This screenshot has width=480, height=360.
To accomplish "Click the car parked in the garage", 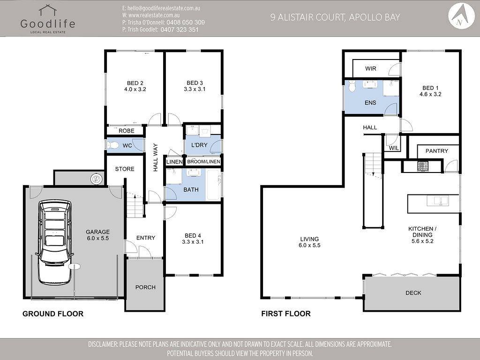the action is (x=54, y=242).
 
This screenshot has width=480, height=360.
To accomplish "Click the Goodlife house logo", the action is (x=48, y=10).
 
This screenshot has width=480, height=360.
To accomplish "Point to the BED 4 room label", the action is (x=193, y=236).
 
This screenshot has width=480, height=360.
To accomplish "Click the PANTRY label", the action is (x=436, y=151).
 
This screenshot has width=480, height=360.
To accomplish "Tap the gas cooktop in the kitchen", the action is (x=423, y=166).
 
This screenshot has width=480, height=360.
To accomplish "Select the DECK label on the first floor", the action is (x=413, y=293).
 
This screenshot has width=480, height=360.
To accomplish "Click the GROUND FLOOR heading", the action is (x=53, y=314).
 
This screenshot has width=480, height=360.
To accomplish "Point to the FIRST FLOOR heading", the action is (x=286, y=314).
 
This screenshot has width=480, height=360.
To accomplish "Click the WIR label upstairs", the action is (x=370, y=68).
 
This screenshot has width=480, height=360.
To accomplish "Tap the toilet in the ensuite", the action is (x=352, y=86).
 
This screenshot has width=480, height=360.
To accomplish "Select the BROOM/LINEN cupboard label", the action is (x=203, y=162).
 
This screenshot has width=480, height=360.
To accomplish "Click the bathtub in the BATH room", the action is (x=214, y=185).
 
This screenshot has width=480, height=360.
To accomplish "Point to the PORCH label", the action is (x=145, y=287).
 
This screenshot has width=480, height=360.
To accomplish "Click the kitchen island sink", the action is (x=438, y=201).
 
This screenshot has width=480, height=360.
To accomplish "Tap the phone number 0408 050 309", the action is (x=186, y=22).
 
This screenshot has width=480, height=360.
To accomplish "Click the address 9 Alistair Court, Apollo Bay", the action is (x=335, y=17).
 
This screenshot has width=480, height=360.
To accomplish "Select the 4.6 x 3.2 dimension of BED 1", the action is (x=430, y=94).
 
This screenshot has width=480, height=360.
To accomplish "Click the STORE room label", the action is (x=125, y=169).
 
